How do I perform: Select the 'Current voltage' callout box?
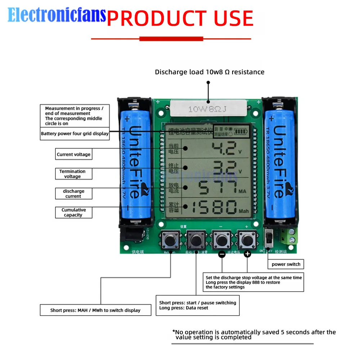coord(73,154)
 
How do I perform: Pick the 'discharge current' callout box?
coord(73,193)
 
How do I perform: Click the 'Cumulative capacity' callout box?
coord(73,212)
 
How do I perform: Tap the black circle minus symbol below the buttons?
coord(222,254)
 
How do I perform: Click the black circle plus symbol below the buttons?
coord(247,254)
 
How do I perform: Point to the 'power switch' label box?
coord(286,264)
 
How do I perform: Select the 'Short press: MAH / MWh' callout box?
coord(95,310)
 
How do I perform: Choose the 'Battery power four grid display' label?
coord(75,134)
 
